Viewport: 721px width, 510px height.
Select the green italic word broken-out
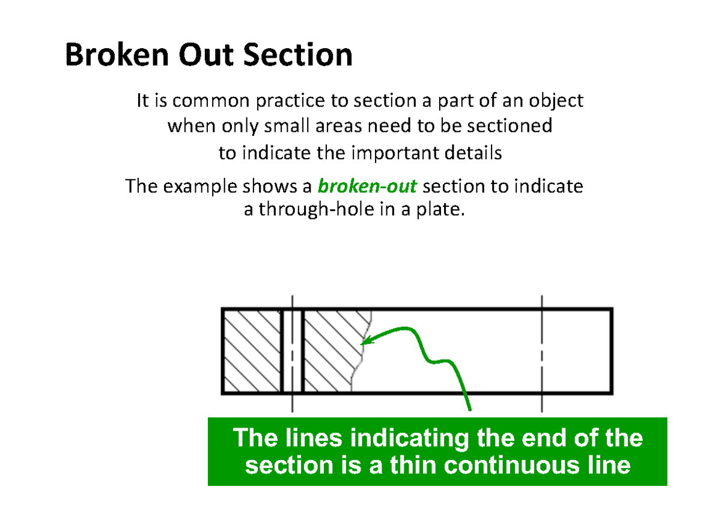(x=367, y=186)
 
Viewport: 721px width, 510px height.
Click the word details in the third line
(x=475, y=153)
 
